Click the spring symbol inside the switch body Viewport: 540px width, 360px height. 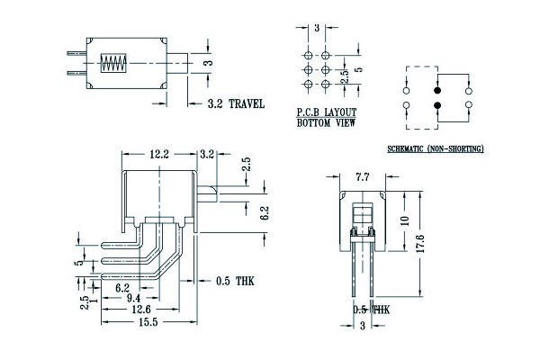coord(113,64)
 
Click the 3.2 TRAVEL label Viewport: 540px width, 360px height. coord(236,104)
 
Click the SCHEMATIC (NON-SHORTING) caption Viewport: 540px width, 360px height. coord(435,148)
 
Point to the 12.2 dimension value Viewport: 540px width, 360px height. coord(160,154)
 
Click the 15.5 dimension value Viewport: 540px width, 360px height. coord(148,320)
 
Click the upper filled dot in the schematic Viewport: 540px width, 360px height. coord(437,91)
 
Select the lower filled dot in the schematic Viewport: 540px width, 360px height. coord(437,106)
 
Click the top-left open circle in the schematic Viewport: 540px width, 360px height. coord(407,91)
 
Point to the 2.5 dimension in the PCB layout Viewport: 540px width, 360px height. coord(345,76)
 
